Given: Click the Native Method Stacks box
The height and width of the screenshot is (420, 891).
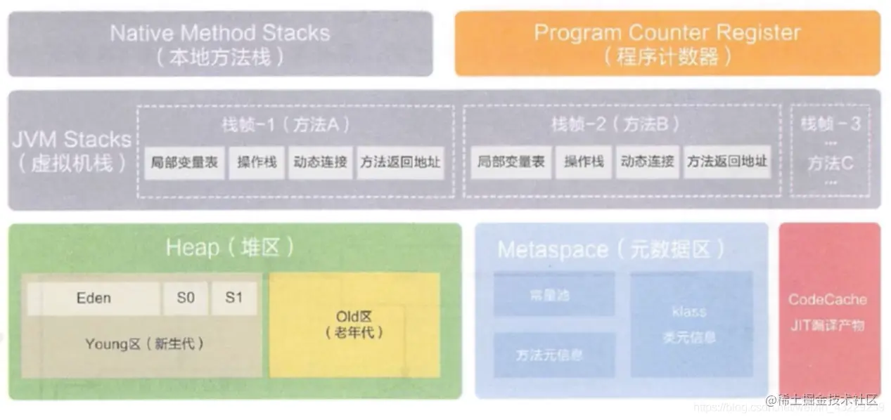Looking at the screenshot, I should (220, 44).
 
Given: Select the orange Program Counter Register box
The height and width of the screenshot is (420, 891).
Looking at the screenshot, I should (667, 44).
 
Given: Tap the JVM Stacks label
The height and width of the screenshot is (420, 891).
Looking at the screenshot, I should (71, 150).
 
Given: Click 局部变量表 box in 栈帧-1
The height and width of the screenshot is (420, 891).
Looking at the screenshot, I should (184, 162).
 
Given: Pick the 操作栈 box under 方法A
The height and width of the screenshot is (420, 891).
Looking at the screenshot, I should (257, 162).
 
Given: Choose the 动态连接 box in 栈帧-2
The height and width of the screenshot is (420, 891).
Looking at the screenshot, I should (647, 162).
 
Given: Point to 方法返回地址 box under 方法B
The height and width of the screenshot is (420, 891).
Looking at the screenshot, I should (726, 162).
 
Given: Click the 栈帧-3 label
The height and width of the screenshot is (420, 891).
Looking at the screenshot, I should (830, 125).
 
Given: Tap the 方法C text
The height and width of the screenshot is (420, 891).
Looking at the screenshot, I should (830, 164).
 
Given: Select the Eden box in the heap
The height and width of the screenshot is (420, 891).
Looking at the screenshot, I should (94, 298).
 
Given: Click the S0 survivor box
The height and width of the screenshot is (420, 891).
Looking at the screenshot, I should (186, 298).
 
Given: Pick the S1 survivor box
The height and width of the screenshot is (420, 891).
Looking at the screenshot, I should (233, 298).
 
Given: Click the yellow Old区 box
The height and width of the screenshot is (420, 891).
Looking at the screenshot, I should (354, 324).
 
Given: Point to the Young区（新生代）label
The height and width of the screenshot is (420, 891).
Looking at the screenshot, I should (144, 344).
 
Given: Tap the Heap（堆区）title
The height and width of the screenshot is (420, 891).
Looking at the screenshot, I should (230, 247).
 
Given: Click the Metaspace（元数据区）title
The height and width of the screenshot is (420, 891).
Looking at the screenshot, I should (610, 250).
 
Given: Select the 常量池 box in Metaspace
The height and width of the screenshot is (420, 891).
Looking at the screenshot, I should (553, 294).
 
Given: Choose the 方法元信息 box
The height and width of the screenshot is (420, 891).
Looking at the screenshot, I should (553, 355).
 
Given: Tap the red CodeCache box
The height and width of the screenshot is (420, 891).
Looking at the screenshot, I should (828, 309).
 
